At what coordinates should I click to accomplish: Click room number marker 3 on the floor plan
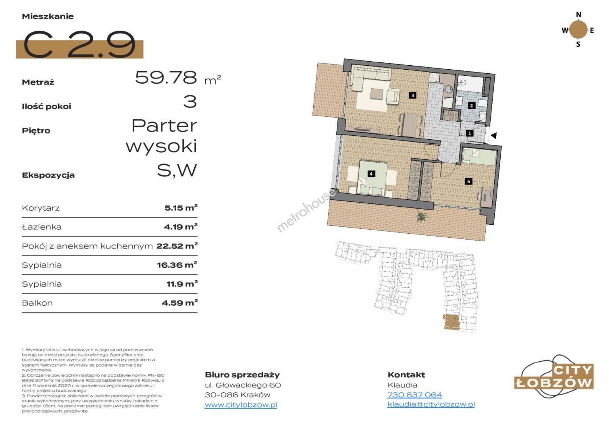(x=412, y=95)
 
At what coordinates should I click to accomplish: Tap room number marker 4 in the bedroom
(x=371, y=174)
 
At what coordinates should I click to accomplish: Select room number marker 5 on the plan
(x=468, y=181)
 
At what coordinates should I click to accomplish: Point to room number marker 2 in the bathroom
(x=471, y=106)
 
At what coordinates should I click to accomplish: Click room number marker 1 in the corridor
(x=469, y=133)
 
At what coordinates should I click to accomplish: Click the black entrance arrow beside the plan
(x=493, y=135)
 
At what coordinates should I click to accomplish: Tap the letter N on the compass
(x=579, y=14)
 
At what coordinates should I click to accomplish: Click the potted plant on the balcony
(x=421, y=216)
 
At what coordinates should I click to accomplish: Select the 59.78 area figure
(x=166, y=77)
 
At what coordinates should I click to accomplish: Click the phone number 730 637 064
(x=415, y=395)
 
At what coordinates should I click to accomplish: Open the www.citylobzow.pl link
(x=241, y=405)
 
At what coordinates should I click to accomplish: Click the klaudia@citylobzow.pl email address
(x=431, y=404)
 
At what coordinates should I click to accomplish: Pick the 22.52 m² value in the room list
(x=177, y=246)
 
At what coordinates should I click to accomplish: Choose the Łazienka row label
(x=42, y=227)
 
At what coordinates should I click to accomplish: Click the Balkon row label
(x=37, y=303)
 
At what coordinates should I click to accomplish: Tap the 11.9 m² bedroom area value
(x=182, y=284)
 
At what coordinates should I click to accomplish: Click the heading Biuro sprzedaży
(x=242, y=375)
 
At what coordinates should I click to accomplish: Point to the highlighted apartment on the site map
(x=451, y=321)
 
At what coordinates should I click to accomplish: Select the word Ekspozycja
(x=48, y=175)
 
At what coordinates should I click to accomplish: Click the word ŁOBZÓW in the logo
(x=554, y=383)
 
